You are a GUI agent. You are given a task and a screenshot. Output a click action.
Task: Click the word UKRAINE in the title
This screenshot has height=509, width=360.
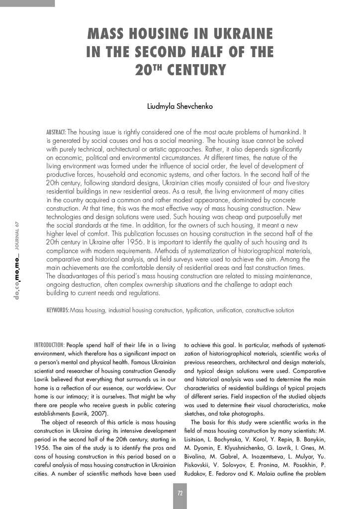244,34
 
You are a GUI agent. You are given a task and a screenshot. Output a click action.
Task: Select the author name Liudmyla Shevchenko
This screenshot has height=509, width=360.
180,106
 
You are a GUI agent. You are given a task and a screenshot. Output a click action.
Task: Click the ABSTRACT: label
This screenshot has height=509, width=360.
56,133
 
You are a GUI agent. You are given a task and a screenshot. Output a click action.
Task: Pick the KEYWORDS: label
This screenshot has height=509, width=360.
58,310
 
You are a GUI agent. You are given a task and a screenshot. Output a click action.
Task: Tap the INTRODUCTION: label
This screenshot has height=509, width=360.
49,345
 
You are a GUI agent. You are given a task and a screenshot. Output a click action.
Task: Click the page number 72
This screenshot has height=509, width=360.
180,494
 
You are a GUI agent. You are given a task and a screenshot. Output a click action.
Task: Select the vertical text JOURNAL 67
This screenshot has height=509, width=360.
17,235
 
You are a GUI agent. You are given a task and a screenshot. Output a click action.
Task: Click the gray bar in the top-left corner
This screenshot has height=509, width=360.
27,3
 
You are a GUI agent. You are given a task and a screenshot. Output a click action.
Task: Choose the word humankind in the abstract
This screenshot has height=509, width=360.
283,133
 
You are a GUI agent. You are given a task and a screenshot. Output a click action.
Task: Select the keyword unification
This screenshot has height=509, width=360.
229,310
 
